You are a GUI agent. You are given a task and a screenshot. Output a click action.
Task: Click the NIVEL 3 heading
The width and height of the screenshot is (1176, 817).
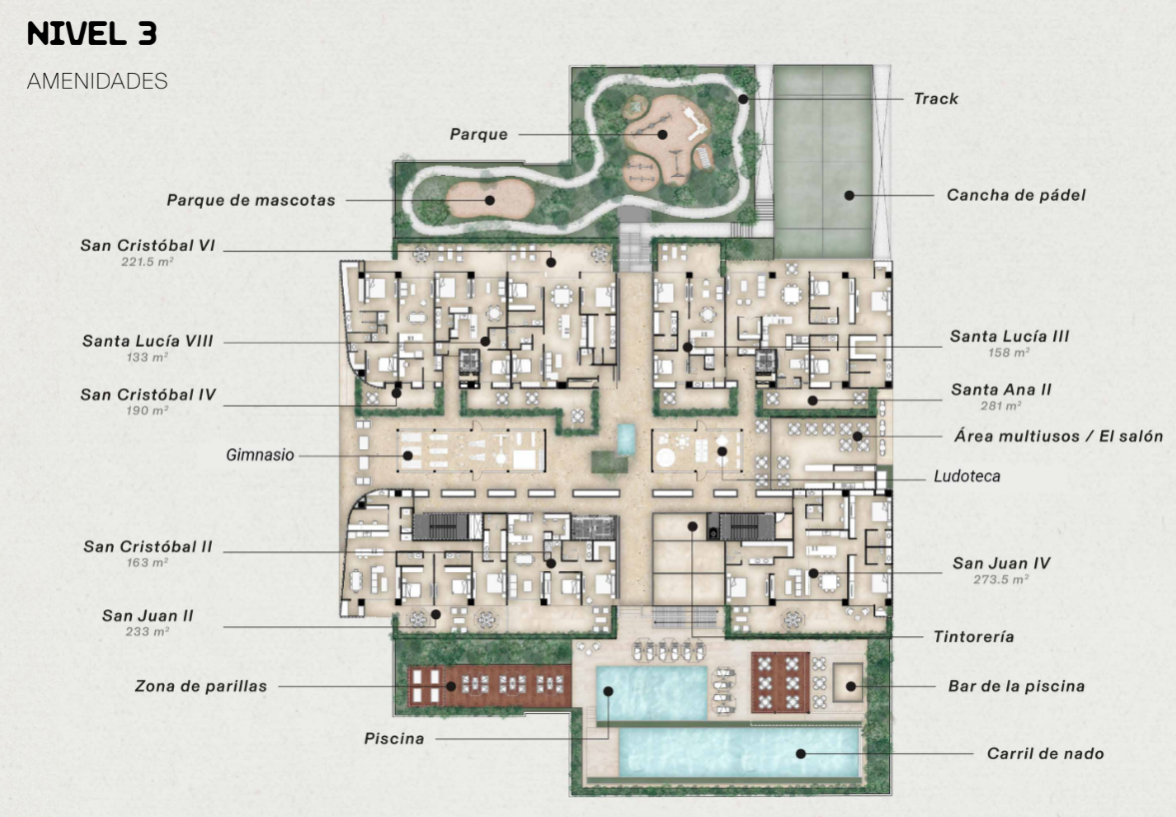92,34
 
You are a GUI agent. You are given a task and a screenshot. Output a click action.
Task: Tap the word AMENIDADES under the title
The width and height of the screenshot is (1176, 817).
97,81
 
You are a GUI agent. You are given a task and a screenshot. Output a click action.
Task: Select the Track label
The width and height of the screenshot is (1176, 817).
935,98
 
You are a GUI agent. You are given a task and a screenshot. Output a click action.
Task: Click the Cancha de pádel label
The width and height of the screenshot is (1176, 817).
1015,195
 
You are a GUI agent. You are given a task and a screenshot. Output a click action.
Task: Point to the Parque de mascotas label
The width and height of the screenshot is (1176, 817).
251,200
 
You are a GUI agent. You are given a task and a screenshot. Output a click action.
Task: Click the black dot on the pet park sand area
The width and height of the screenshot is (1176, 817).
489,200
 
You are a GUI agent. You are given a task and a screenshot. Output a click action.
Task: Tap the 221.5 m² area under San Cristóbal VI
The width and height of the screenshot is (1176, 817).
148,262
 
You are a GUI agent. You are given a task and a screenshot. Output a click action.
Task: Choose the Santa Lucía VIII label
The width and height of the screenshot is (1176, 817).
148,341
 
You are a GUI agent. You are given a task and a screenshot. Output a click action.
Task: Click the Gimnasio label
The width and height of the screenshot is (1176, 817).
260,455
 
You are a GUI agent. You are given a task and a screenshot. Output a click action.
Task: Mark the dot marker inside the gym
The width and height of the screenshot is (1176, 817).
408,455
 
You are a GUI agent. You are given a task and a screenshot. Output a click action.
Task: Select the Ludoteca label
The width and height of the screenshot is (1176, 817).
967,476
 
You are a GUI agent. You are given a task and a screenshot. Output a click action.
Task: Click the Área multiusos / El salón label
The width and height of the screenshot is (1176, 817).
1058,436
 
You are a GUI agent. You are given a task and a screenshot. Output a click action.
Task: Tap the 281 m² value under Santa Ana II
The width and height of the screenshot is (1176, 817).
1000,406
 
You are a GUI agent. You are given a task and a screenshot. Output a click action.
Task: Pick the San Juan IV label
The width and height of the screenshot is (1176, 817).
1001,563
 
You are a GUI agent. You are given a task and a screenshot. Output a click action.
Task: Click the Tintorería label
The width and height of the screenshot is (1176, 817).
973,636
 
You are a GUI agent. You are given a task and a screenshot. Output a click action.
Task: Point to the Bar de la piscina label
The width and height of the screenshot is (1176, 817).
1016,686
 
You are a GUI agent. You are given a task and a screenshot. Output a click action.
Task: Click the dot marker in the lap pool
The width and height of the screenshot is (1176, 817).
801,753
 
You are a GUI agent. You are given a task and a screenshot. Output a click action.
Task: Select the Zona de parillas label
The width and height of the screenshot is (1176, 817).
201,686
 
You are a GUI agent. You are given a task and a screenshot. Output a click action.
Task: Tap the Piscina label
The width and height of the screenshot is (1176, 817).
394,738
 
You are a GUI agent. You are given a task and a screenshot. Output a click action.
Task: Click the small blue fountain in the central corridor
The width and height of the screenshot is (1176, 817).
624,439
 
